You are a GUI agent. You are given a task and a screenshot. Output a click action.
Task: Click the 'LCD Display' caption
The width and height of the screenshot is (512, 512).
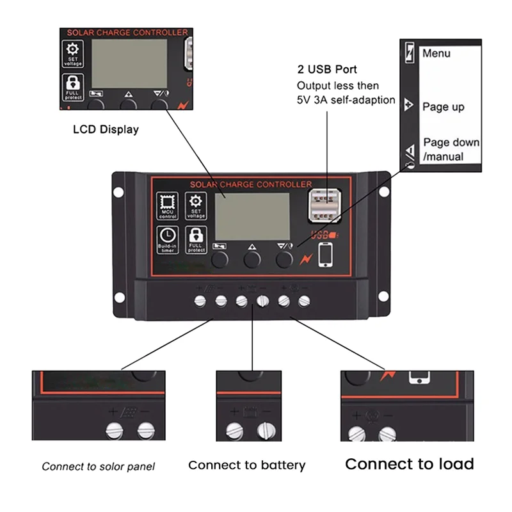click(x=105, y=129)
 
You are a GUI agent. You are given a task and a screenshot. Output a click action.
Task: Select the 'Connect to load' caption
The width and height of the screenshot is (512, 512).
click(x=410, y=464)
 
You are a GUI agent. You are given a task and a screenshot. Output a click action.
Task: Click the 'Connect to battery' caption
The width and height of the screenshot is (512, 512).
click(x=246, y=465)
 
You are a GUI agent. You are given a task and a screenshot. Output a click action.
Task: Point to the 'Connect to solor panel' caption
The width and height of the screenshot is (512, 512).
click(x=98, y=467)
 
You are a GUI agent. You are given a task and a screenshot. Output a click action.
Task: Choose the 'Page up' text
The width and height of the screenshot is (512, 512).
click(x=443, y=107)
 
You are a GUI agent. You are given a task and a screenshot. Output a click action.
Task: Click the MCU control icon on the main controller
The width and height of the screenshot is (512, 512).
click(x=168, y=206)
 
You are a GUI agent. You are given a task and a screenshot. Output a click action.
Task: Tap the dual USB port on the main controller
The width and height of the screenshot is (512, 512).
click(x=324, y=207)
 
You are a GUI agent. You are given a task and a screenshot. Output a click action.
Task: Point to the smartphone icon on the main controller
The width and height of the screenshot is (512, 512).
click(x=326, y=254)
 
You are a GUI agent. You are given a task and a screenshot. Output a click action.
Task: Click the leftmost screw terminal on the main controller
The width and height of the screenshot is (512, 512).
click(x=200, y=301)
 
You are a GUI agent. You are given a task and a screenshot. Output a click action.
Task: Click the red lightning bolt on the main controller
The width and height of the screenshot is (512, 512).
click(x=305, y=258)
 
